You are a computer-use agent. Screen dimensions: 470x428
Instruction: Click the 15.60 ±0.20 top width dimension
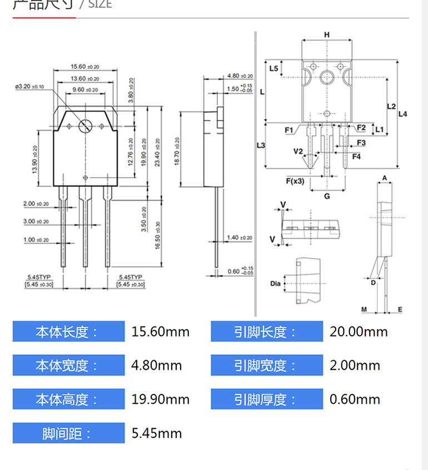pyautogui.click(x=85, y=66)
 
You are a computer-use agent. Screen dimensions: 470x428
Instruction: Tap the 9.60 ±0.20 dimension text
pyautogui.click(x=85, y=89)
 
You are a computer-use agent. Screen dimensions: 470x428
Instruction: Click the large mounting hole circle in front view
pyautogui.click(x=85, y=126)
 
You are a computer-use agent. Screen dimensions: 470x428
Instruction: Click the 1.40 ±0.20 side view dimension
pyautogui.click(x=240, y=238)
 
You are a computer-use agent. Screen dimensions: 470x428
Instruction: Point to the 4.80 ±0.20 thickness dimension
pyautogui.click(x=240, y=76)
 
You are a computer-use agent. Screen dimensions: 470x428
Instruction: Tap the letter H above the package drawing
pyautogui.click(x=327, y=35)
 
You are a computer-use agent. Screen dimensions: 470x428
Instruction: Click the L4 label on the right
pyautogui.click(x=403, y=114)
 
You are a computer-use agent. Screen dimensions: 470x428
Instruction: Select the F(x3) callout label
pyautogui.click(x=295, y=181)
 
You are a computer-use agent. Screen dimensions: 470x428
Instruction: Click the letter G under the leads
pyautogui.click(x=327, y=196)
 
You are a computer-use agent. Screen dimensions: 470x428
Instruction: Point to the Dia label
pyautogui.click(x=276, y=284)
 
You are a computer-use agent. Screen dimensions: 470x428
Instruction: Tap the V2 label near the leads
pyautogui.click(x=298, y=151)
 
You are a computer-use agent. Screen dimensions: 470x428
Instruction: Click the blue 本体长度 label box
pyautogui.click(x=68, y=332)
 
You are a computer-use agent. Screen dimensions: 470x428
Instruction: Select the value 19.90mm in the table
pyautogui.click(x=161, y=399)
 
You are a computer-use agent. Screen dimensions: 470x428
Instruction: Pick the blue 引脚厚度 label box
pyautogui.click(x=266, y=399)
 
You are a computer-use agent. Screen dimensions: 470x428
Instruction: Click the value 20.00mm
pyautogui.click(x=359, y=332)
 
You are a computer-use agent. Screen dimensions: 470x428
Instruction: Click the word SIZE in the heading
pyautogui.click(x=100, y=4)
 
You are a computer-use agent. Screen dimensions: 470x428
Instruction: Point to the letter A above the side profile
pyautogui.click(x=384, y=178)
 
